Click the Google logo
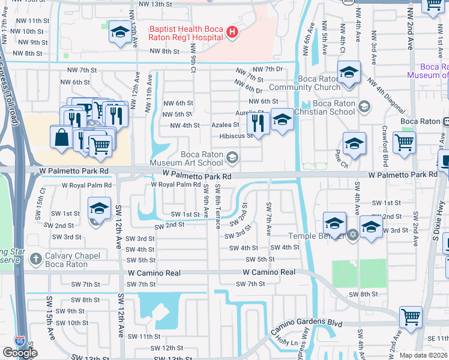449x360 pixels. pos(20,353)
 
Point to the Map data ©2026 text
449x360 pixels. pos(423,355)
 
